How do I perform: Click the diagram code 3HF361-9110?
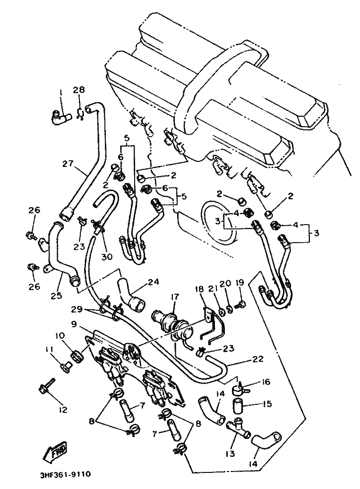(x=66, y=474)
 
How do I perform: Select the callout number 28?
(x=79, y=90)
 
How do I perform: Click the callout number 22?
(x=257, y=359)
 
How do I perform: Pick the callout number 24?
(x=153, y=282)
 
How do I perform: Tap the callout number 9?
(x=74, y=324)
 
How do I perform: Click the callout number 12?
(x=62, y=410)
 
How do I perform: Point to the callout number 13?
(x=230, y=454)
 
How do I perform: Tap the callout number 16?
(x=266, y=382)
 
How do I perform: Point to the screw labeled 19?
(x=241, y=304)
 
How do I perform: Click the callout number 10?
(x=60, y=336)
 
